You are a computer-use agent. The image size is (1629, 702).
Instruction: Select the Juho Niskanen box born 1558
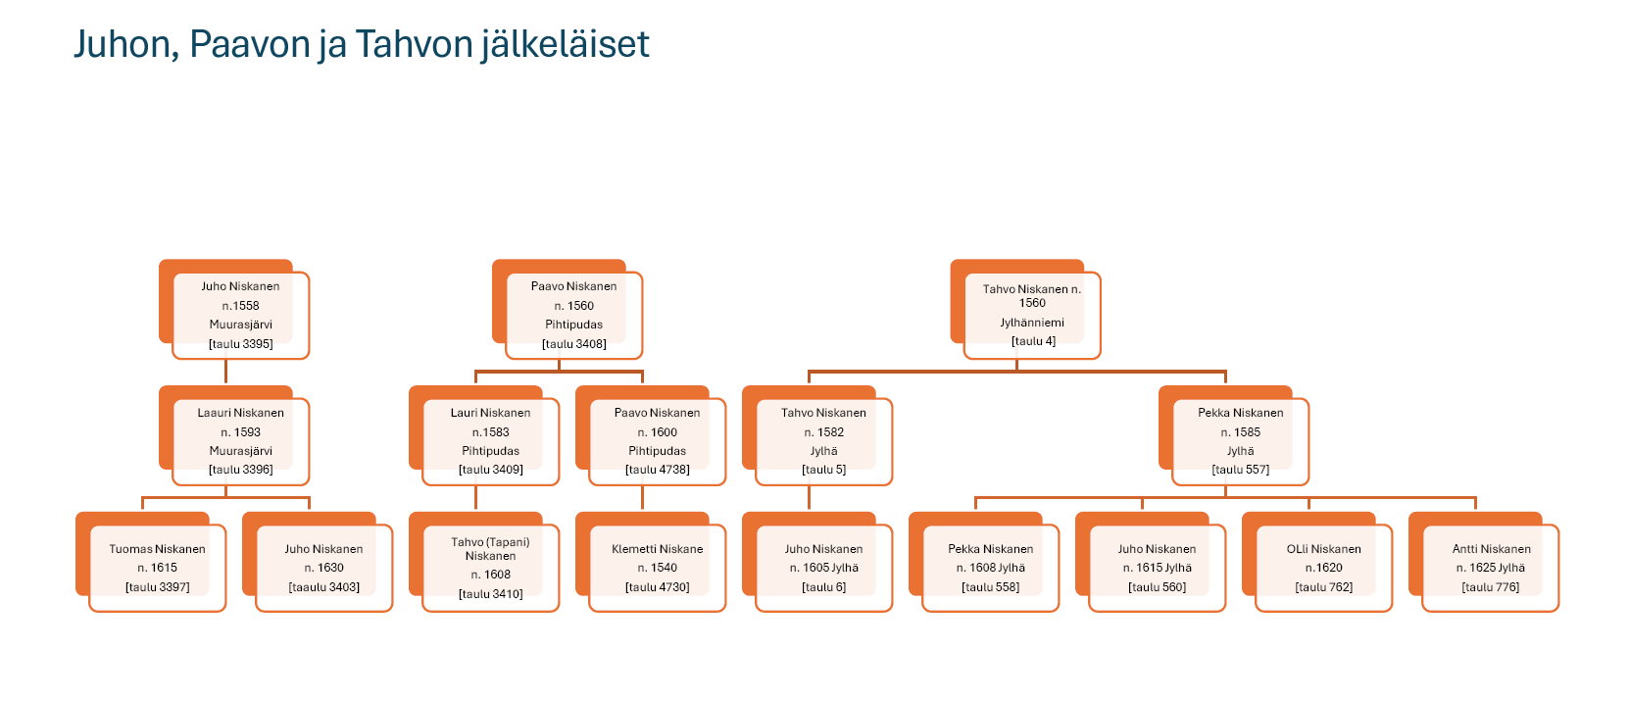point(240,315)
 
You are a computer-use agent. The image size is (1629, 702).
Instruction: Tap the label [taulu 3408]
point(573,344)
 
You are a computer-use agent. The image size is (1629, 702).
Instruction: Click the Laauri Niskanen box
point(240,441)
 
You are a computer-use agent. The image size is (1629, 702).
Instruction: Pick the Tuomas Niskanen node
point(157,568)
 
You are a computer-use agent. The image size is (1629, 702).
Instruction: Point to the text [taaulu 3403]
point(323,587)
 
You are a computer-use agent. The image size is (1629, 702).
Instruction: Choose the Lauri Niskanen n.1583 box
point(490,441)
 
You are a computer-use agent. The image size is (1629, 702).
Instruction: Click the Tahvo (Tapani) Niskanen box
point(490,568)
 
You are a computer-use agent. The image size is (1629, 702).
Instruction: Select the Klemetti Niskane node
point(657,568)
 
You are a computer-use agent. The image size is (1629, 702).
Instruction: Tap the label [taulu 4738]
point(657,470)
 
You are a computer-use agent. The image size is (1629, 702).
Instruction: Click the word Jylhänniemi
point(1031,323)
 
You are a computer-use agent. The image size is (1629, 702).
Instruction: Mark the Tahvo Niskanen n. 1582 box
point(823,441)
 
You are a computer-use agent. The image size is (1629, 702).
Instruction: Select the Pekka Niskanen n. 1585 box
point(1240,441)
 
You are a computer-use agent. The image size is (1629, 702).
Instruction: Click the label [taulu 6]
point(823,587)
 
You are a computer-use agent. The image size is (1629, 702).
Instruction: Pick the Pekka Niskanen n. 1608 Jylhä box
point(990,568)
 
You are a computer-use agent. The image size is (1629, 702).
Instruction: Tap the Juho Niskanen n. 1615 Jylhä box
point(1157,568)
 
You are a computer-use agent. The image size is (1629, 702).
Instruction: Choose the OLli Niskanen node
point(1323,568)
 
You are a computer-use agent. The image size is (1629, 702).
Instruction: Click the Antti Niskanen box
point(1490,568)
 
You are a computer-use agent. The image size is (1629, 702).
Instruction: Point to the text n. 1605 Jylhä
point(823,568)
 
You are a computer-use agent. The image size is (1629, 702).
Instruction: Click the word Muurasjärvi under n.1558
point(240,325)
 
